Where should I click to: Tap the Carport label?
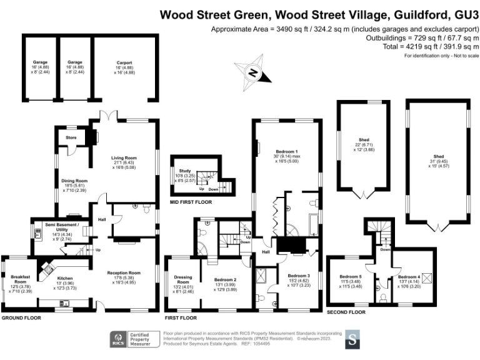124,62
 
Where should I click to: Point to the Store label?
64,136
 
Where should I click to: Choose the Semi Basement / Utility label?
62,224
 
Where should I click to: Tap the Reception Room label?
123,272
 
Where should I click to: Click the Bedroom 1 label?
287,151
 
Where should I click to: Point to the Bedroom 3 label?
299,276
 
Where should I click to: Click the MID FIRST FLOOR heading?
191,202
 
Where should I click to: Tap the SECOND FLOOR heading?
346,311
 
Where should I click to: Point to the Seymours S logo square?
353,340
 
